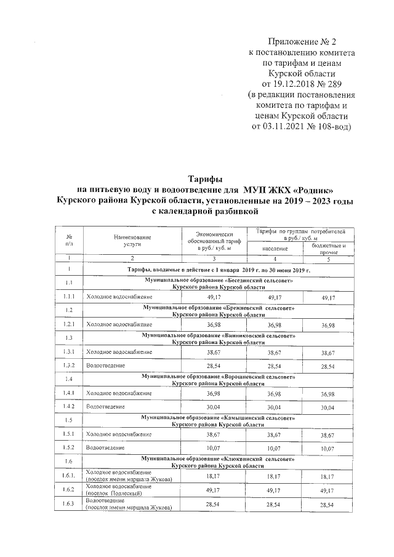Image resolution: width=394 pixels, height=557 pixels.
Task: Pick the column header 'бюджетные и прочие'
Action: [328, 249]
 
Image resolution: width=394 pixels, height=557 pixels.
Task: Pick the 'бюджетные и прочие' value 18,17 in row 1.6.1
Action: [328, 476]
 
